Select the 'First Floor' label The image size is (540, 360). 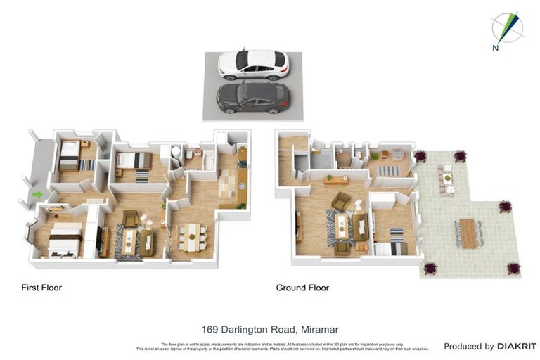click(x=41, y=288)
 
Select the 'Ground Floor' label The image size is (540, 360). click(x=302, y=288)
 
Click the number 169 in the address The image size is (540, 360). click(x=210, y=328)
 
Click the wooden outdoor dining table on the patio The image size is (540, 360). click(x=468, y=233)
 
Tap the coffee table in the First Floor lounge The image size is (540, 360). click(x=129, y=241)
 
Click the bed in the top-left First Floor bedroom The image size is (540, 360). click(x=70, y=157)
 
